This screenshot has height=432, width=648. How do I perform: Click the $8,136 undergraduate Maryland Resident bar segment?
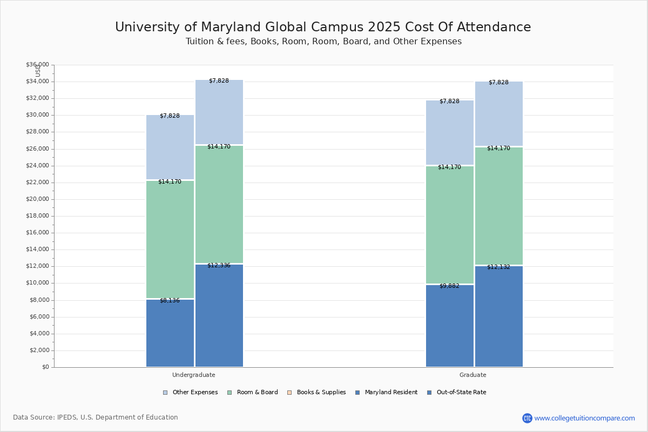coord(170,333)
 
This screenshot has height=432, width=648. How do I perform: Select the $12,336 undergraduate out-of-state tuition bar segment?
coord(219,315)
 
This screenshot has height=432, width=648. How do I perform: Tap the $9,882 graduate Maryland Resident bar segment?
coord(449,326)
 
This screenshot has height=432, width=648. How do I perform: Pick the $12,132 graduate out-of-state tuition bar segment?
coord(498,316)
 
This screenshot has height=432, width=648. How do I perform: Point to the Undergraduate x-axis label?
coord(194,375)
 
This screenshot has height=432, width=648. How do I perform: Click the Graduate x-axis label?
coord(473,375)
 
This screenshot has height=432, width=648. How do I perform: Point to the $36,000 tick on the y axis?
coord(37,65)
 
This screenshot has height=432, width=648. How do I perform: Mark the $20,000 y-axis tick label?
coord(37,199)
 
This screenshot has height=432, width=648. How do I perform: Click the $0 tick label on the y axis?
coord(45,367)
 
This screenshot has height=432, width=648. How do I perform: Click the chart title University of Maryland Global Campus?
coord(323,28)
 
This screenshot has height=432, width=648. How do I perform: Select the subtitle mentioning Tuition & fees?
coord(323,42)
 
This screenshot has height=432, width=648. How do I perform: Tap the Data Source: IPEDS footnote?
coord(96,417)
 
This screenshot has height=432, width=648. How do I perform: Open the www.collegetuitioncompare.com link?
coord(584,418)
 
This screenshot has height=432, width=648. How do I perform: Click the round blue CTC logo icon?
coord(527,418)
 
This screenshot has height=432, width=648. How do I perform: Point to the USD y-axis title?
coord(38,70)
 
